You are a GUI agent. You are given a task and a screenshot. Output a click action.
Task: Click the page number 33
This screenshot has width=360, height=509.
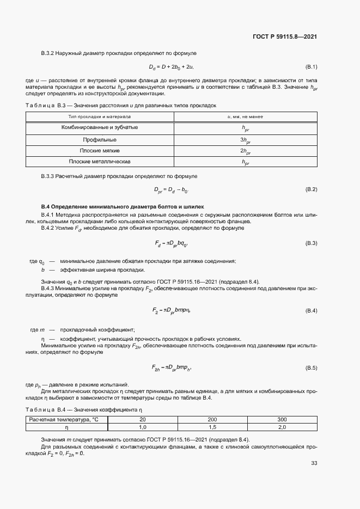314,463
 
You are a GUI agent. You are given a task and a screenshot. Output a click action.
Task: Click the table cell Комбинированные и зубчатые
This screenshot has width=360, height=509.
100,127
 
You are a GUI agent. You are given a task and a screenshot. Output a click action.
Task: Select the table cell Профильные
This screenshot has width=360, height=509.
100,139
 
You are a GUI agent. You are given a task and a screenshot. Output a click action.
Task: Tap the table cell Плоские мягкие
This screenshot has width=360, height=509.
100,150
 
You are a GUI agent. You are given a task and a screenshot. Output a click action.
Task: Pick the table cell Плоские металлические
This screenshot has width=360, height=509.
100,162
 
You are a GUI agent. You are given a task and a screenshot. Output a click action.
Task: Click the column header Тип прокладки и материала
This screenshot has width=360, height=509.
100,116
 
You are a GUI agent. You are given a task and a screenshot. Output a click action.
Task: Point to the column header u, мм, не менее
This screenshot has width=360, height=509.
245,116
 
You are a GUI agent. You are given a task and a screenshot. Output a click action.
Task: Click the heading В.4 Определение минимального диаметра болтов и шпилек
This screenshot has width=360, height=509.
123,207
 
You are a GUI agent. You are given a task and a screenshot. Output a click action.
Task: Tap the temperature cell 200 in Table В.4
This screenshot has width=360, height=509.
212,420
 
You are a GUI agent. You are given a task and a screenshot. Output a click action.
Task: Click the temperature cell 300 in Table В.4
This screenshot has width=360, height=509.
282,420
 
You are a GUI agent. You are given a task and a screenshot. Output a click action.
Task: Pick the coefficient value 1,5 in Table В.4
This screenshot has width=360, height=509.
212,427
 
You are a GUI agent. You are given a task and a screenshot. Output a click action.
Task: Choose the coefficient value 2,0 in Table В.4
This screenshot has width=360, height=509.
282,427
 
